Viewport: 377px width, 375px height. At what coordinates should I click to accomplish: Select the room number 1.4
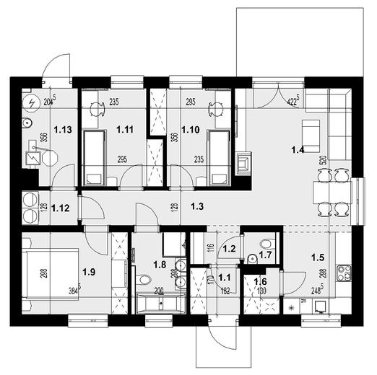tap(297, 151)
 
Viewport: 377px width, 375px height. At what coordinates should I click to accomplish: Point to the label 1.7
tap(266, 255)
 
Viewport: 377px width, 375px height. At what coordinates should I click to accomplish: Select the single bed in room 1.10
tap(218, 154)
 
